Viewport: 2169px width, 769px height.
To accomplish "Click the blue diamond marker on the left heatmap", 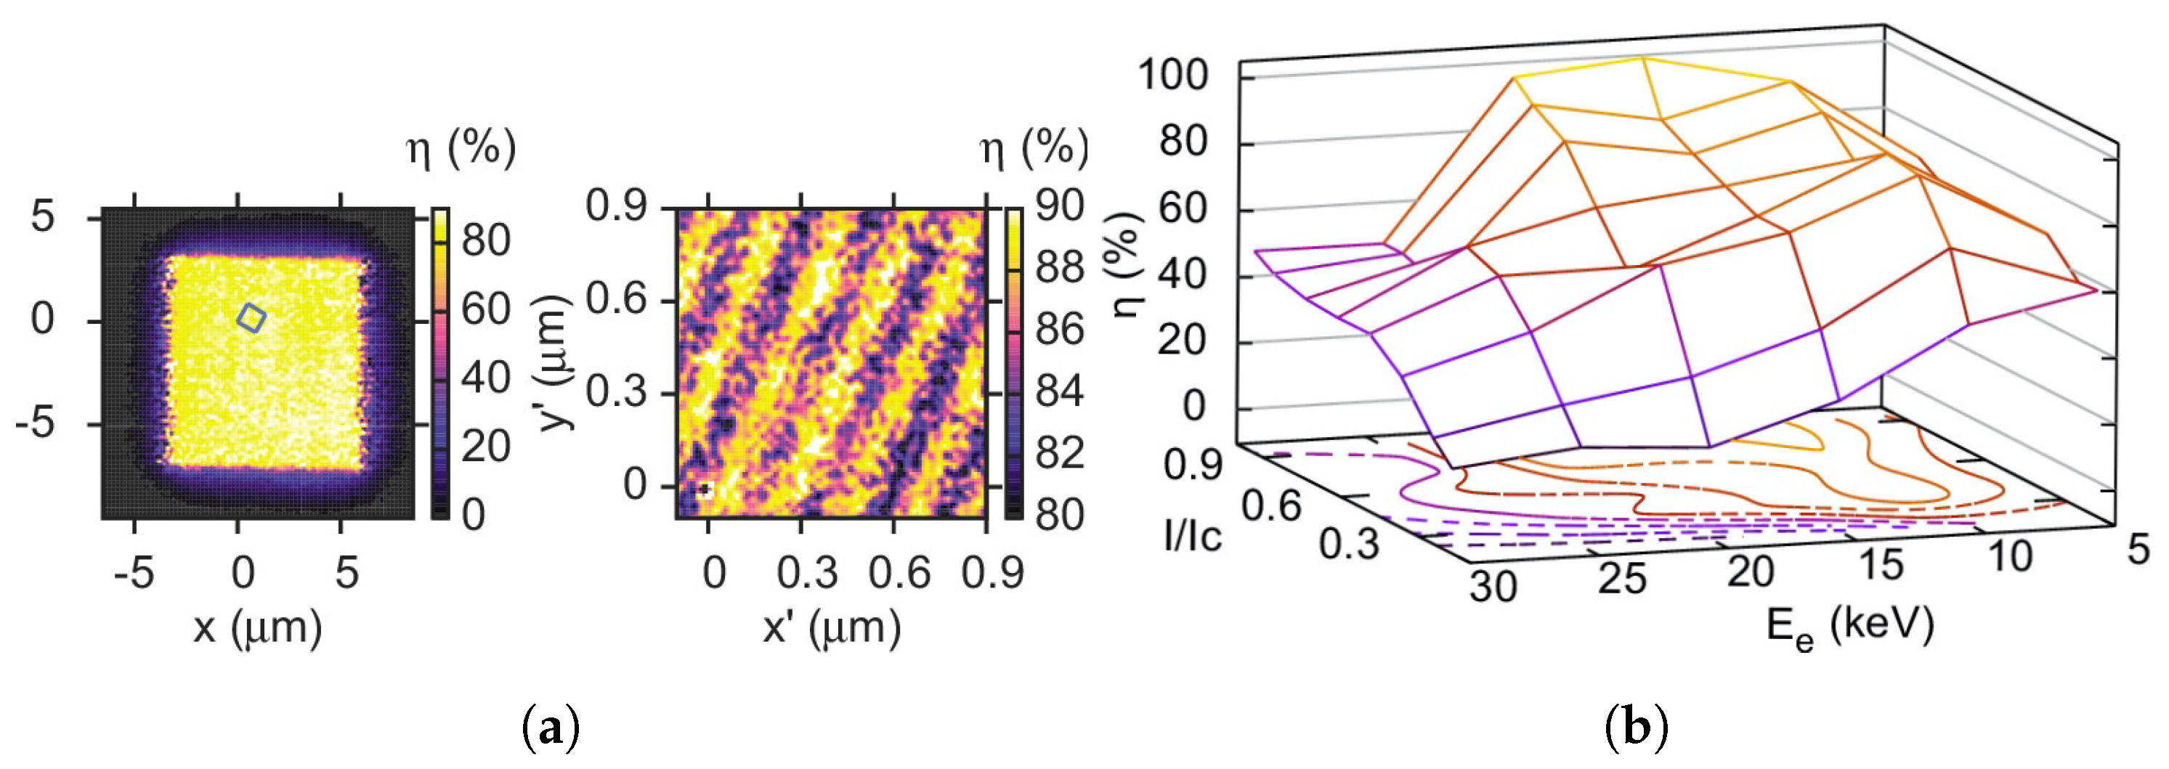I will coord(251,318).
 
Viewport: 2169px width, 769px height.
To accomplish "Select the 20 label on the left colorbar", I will coord(485,446).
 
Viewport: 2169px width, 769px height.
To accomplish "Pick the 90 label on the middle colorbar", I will coord(1059,206).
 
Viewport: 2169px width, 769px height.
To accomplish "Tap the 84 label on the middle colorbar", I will coord(1059,391).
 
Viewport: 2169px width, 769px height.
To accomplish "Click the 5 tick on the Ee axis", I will coord(2138,551).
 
